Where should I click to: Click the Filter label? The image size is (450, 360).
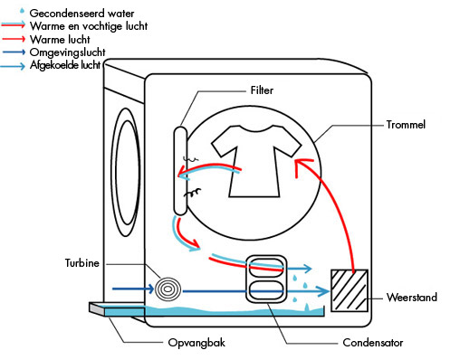point(262,90)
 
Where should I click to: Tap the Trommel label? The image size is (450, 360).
point(406,125)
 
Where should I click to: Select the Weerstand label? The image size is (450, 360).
point(412,298)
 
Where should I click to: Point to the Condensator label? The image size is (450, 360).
point(373,343)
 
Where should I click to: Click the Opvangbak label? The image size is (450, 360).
point(196,343)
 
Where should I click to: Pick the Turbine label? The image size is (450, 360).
point(82,263)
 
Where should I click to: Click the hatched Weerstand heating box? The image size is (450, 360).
point(349,290)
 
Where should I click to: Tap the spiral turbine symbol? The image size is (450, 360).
point(168,289)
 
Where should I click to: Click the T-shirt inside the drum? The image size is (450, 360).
point(256,161)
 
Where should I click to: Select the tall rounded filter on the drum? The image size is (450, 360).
point(180,171)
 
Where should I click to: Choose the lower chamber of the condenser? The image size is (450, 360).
point(265,290)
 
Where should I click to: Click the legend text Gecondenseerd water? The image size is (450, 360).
point(81,14)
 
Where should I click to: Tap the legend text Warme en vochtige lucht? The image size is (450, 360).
point(89,26)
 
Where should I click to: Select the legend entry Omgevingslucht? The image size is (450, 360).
point(68,52)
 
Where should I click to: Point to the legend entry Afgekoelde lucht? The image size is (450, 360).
point(65,65)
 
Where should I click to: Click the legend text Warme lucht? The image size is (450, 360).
point(60,40)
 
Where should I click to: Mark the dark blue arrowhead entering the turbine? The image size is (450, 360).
point(150,289)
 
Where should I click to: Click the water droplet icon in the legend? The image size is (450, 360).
point(22,11)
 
